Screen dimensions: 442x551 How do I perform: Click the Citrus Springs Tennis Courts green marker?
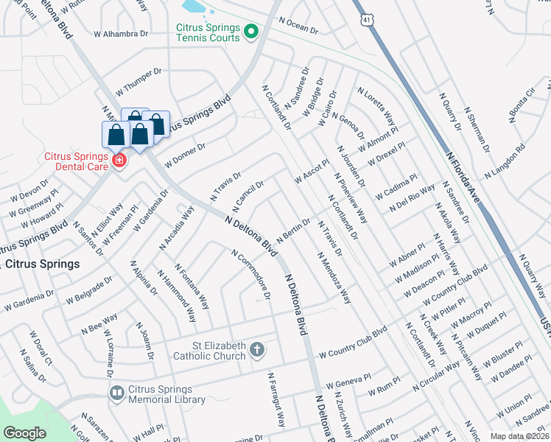(250, 31)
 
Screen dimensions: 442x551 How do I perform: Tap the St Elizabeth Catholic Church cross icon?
(257, 349)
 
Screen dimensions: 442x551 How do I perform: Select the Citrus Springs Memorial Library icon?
(117, 393)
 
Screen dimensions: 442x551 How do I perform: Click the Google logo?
(25, 433)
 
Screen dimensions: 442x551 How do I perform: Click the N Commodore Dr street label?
(252, 276)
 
